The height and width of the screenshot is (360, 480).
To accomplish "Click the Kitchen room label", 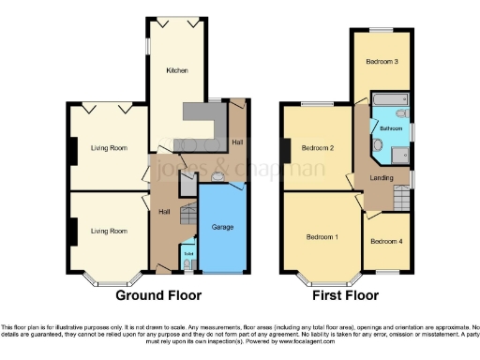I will click(x=177, y=70).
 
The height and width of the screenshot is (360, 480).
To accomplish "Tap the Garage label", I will click(x=222, y=228).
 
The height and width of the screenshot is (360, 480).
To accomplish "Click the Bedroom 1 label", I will click(x=322, y=236).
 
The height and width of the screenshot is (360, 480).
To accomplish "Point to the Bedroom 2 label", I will click(x=319, y=148).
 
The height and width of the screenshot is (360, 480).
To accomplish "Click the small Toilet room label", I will click(x=187, y=252).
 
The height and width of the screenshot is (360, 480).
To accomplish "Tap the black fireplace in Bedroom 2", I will click(x=283, y=148).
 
